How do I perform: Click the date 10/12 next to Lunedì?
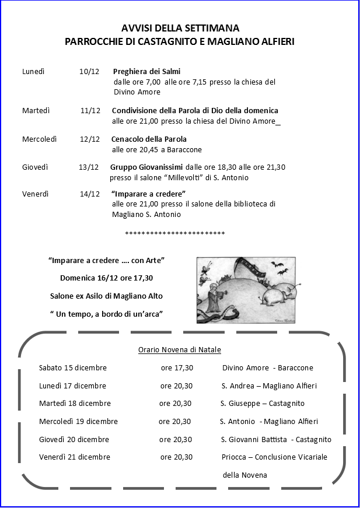pyautogui.click(x=89, y=71)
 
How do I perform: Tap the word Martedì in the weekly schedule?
pyautogui.click(x=36, y=110)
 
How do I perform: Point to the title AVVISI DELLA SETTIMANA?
pyautogui.click(x=180, y=28)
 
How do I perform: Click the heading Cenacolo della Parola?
pyautogui.click(x=149, y=139)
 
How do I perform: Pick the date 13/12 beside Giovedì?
pyautogui.click(x=89, y=167)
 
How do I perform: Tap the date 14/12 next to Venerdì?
pyautogui.click(x=90, y=194)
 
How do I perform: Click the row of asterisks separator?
pyautogui.click(x=175, y=234)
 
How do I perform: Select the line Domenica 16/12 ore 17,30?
pyautogui.click(x=107, y=278)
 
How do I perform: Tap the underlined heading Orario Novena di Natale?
pyautogui.click(x=179, y=349)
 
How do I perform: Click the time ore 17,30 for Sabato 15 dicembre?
pyautogui.click(x=177, y=367)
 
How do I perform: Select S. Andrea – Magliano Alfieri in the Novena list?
pyautogui.click(x=269, y=386)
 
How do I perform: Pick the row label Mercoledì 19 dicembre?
pyautogui.click(x=78, y=421)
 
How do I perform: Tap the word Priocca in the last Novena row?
pyautogui.click(x=234, y=457)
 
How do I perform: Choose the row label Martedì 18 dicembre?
pyautogui.click(x=75, y=403)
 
